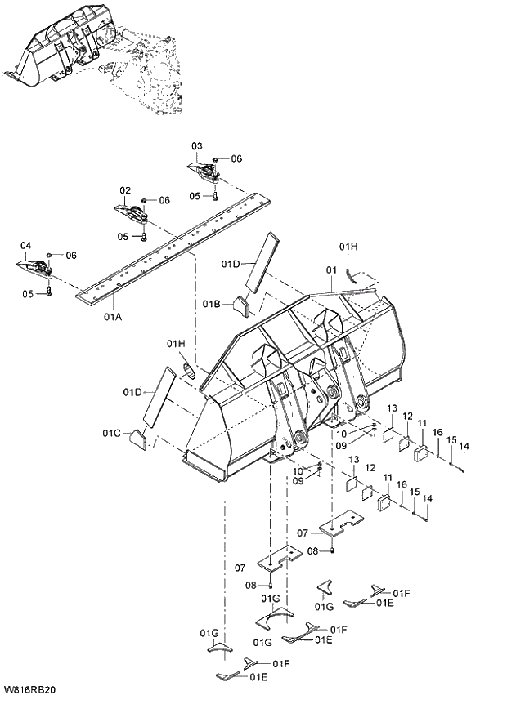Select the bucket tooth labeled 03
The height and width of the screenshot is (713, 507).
[x=204, y=172]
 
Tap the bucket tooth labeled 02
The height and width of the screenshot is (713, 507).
[x=131, y=212]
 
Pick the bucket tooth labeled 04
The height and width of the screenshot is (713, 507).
[x=32, y=267]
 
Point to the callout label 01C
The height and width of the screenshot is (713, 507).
[x=113, y=432]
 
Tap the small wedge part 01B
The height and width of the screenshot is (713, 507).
[x=240, y=305]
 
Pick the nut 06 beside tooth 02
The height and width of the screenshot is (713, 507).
[x=144, y=200]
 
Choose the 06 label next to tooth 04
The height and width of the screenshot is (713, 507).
[x=71, y=256]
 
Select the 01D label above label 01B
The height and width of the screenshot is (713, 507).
[x=231, y=265]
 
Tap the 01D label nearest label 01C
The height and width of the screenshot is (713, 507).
[x=134, y=393]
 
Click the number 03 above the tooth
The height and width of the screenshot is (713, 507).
[x=197, y=146]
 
